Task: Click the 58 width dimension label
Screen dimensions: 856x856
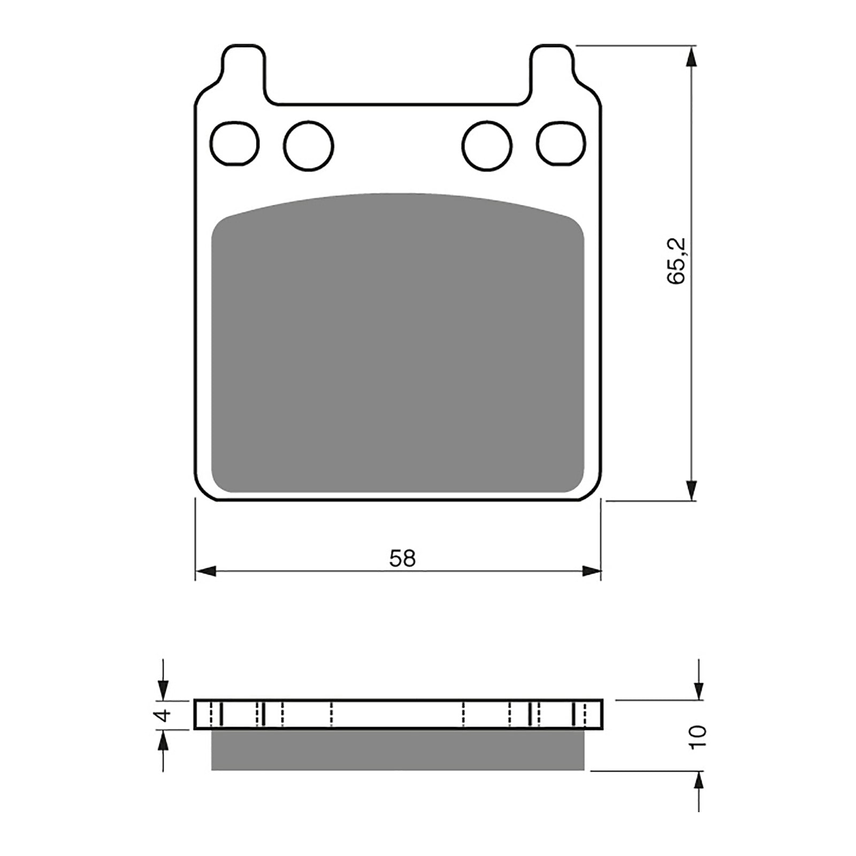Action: (402, 559)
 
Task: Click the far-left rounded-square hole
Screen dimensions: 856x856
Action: (235, 142)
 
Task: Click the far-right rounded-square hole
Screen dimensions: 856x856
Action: (562, 143)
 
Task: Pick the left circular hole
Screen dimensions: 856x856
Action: (309, 145)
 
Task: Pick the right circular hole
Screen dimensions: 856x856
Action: (487, 146)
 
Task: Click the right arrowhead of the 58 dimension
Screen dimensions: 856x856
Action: (592, 571)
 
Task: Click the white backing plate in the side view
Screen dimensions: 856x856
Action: (398, 714)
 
